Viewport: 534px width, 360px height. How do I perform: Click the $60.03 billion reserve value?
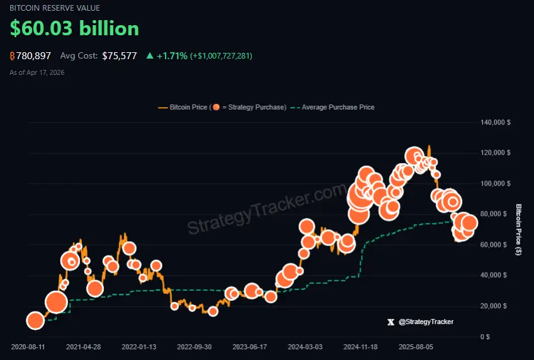pyautogui.click(x=74, y=28)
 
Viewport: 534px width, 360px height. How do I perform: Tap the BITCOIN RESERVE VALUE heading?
pyautogui.click(x=54, y=8)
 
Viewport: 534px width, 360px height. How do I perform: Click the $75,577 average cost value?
pyautogui.click(x=120, y=56)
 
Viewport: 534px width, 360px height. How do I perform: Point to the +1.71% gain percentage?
pyautogui.click(x=172, y=56)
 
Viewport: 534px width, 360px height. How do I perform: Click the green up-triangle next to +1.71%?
pyautogui.click(x=150, y=56)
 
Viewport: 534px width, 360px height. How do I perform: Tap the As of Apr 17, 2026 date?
pyautogui.click(x=37, y=72)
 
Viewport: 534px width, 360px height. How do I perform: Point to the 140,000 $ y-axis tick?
pyautogui.click(x=495, y=122)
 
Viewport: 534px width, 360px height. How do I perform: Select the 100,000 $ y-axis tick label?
pyautogui.click(x=495, y=184)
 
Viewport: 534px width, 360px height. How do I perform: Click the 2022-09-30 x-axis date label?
pyautogui.click(x=194, y=346)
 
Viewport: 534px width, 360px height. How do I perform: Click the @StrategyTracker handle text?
pyautogui.click(x=426, y=322)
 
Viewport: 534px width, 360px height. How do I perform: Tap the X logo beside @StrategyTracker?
pyautogui.click(x=391, y=322)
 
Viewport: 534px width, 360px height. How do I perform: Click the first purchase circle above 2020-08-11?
pyautogui.click(x=35, y=321)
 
